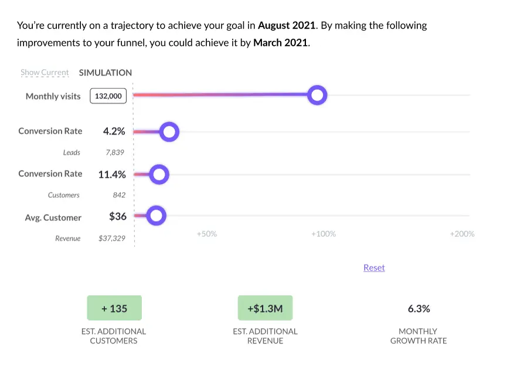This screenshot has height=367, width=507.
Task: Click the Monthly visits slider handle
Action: [x=317, y=95]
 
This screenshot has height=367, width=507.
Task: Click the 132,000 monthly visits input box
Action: [x=108, y=96]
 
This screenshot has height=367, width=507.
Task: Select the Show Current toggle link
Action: [x=45, y=73]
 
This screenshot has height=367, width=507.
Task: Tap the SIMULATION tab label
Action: [x=106, y=73]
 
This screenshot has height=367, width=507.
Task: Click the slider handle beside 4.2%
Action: [x=169, y=132]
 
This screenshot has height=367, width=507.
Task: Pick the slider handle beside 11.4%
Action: [x=159, y=174]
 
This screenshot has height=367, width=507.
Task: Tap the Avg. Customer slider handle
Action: [x=156, y=216]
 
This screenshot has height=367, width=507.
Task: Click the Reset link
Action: [x=374, y=267]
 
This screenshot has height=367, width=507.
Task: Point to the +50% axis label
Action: [x=206, y=234]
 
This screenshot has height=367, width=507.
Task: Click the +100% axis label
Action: [x=323, y=234]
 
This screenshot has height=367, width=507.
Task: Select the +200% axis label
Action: [x=462, y=234]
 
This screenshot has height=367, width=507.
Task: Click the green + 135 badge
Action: [x=114, y=308]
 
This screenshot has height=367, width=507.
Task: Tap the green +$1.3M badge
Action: [x=265, y=308]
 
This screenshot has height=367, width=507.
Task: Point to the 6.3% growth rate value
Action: [x=418, y=308]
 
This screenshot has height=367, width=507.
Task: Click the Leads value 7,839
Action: [x=115, y=152]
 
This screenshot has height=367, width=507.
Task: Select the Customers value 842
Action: [x=119, y=195]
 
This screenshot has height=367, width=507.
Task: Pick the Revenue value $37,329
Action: [x=112, y=239]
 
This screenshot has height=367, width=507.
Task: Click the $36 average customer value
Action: [x=118, y=216]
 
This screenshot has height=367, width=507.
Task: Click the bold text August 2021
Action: [x=287, y=25]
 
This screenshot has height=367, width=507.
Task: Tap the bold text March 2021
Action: [x=280, y=43]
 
